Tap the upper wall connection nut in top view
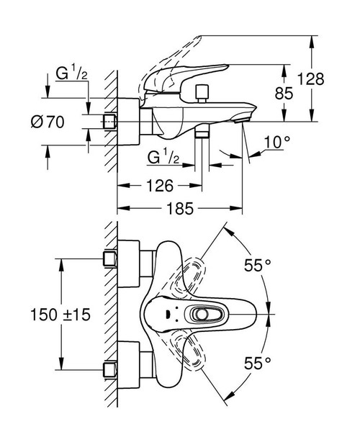[x=110, y=258]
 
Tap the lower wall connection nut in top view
[x=110, y=369]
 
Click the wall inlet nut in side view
[x=110, y=121]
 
